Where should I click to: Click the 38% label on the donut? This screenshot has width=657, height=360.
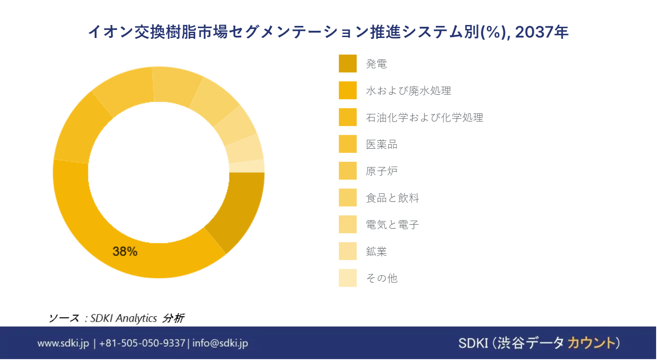125,251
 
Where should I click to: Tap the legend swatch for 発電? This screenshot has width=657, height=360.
348,63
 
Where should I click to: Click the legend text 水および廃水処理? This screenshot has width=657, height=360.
408,91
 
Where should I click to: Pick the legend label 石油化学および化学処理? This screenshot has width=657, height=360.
424,117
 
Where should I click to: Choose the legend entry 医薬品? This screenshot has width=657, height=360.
382,144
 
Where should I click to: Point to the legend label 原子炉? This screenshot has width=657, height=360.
382,171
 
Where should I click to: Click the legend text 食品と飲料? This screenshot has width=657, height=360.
392,198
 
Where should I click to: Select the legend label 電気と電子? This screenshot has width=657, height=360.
392,225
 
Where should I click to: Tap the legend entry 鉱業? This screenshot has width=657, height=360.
376,251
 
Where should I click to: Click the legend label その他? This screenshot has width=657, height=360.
382,278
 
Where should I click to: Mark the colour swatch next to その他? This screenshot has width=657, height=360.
348,278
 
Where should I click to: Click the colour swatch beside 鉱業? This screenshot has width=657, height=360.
348,251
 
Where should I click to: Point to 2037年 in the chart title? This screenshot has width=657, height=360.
542,32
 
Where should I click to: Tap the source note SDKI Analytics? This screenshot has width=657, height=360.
124,318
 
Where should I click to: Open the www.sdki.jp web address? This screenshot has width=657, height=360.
63,343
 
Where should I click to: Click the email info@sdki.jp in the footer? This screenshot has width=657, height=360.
220,343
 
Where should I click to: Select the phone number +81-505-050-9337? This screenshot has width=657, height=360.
142,343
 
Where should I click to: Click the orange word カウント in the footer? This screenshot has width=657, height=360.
590,343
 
